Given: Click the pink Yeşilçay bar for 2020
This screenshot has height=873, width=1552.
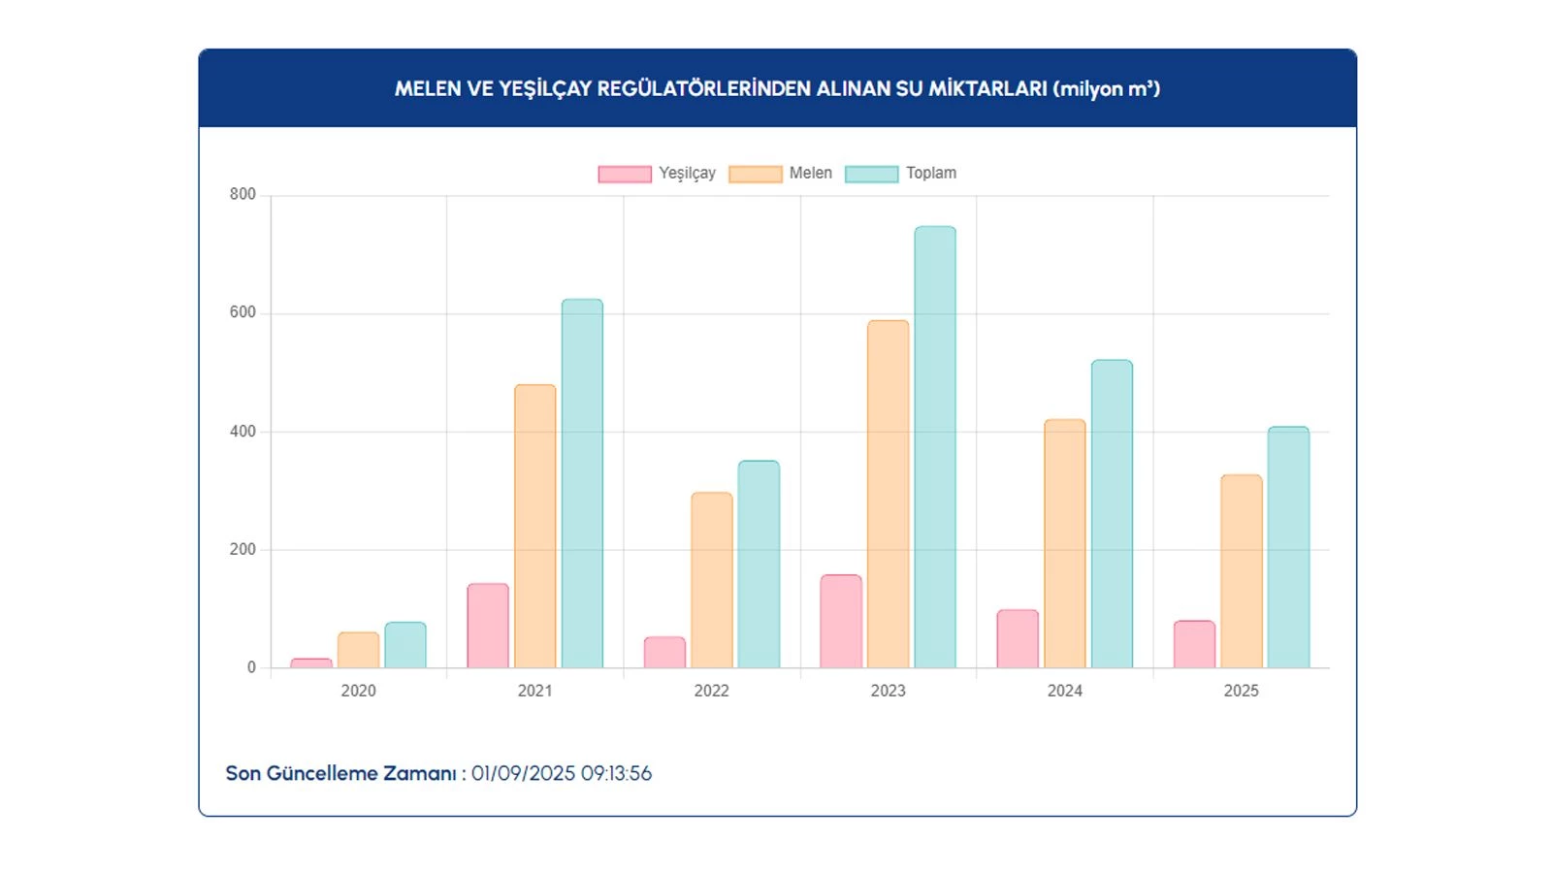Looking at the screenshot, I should [x=311, y=663].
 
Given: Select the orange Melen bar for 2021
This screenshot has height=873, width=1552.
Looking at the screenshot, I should [x=535, y=527].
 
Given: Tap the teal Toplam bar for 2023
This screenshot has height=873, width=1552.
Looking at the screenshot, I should [x=935, y=447].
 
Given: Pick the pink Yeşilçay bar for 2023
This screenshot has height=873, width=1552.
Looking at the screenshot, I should [x=841, y=622].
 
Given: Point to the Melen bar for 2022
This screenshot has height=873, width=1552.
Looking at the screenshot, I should [x=712, y=580].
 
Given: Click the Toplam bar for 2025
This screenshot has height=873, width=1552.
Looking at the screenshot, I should [x=1288, y=547].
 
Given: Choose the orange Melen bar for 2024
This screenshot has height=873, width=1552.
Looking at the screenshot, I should [x=1065, y=543].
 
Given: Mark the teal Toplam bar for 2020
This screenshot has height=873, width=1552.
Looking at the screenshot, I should [x=405, y=645].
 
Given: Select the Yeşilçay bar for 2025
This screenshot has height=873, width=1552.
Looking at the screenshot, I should [x=1194, y=644].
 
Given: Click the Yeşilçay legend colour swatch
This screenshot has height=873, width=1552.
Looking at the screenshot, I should [x=625, y=174].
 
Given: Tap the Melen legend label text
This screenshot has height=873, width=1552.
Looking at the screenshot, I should [x=811, y=173].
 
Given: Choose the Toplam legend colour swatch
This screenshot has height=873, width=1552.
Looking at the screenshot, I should [x=871, y=174].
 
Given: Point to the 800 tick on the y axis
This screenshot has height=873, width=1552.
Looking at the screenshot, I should [x=242, y=194].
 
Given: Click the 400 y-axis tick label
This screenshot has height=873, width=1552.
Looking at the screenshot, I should [x=242, y=432].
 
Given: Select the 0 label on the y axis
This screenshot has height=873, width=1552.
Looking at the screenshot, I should [x=251, y=667].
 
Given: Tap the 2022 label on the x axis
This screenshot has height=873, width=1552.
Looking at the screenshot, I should [x=712, y=691].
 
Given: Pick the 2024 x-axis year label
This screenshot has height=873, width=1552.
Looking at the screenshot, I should [x=1065, y=691].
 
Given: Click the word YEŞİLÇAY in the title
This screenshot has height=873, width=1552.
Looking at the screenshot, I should [x=544, y=89].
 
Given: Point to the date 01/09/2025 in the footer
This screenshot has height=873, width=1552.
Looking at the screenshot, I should [x=524, y=774].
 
